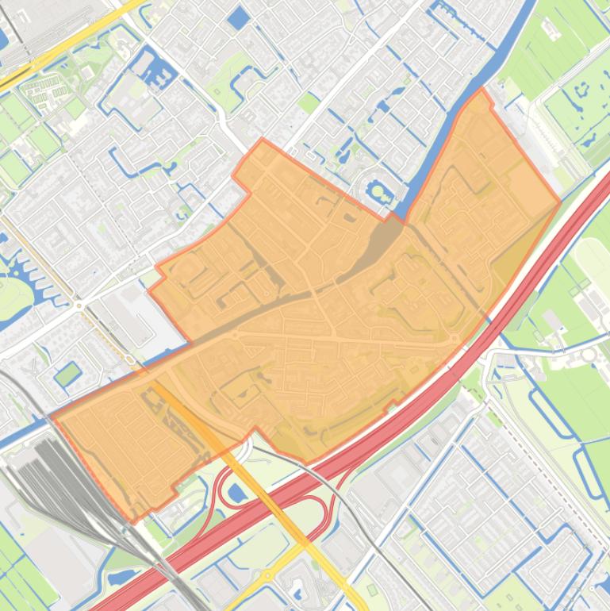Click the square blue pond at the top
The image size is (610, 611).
237,18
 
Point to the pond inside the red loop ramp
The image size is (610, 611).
237,494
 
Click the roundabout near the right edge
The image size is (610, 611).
589,355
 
